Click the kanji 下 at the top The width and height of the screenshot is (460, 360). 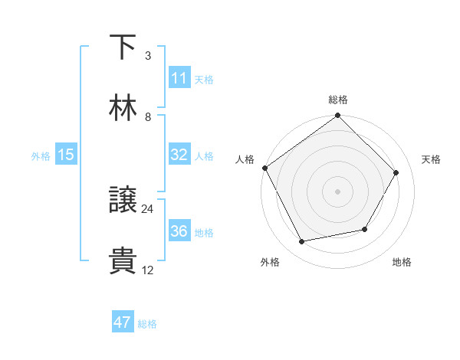[x=123, y=47]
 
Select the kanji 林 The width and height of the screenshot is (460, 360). [x=123, y=108]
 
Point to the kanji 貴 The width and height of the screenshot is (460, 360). [x=123, y=260]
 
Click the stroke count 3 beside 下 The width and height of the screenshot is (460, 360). [x=148, y=56]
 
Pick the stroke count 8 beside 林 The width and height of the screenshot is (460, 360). [x=148, y=116]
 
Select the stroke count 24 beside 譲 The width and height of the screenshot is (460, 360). [x=148, y=209]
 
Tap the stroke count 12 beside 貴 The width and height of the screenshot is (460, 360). [x=148, y=270]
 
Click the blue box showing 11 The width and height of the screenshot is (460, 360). [x=179, y=78]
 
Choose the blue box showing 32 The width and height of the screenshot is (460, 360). [x=179, y=155]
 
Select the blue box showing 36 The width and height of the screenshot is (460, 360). [x=179, y=231]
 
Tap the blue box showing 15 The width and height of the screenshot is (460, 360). [x=66, y=155]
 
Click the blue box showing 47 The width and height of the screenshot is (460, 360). [x=123, y=322]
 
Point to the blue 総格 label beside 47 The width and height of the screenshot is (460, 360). [x=147, y=324]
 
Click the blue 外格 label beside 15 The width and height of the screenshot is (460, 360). [x=41, y=155]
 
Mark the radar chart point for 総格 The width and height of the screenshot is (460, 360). [x=337, y=116]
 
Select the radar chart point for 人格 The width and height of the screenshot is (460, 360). [x=265, y=168]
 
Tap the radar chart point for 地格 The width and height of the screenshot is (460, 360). [x=365, y=229]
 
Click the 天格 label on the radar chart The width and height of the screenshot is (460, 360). [x=431, y=159]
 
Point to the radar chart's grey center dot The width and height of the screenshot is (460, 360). [x=337, y=191]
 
